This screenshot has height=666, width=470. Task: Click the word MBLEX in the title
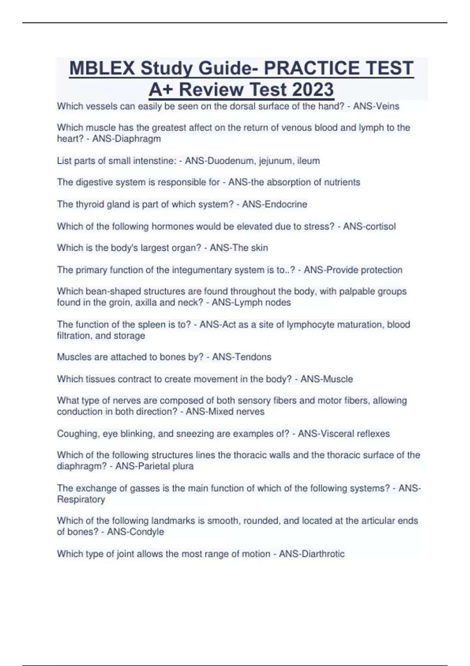pos(103,68)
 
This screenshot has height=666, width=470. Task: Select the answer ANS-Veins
pos(376,106)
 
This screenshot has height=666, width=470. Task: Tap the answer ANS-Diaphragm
pos(127,139)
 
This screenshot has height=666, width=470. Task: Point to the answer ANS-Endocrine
pos(275,204)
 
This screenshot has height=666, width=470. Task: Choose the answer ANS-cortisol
pos(369,226)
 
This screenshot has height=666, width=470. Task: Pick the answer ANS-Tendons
pos(242,357)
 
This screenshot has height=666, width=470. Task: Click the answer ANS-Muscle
pos(327,379)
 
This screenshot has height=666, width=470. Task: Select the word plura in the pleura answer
pos(183,466)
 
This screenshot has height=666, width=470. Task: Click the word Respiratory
pos(81,499)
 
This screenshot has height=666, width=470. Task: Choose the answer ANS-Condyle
pos(136,532)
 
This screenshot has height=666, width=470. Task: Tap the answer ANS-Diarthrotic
pos(312,554)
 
